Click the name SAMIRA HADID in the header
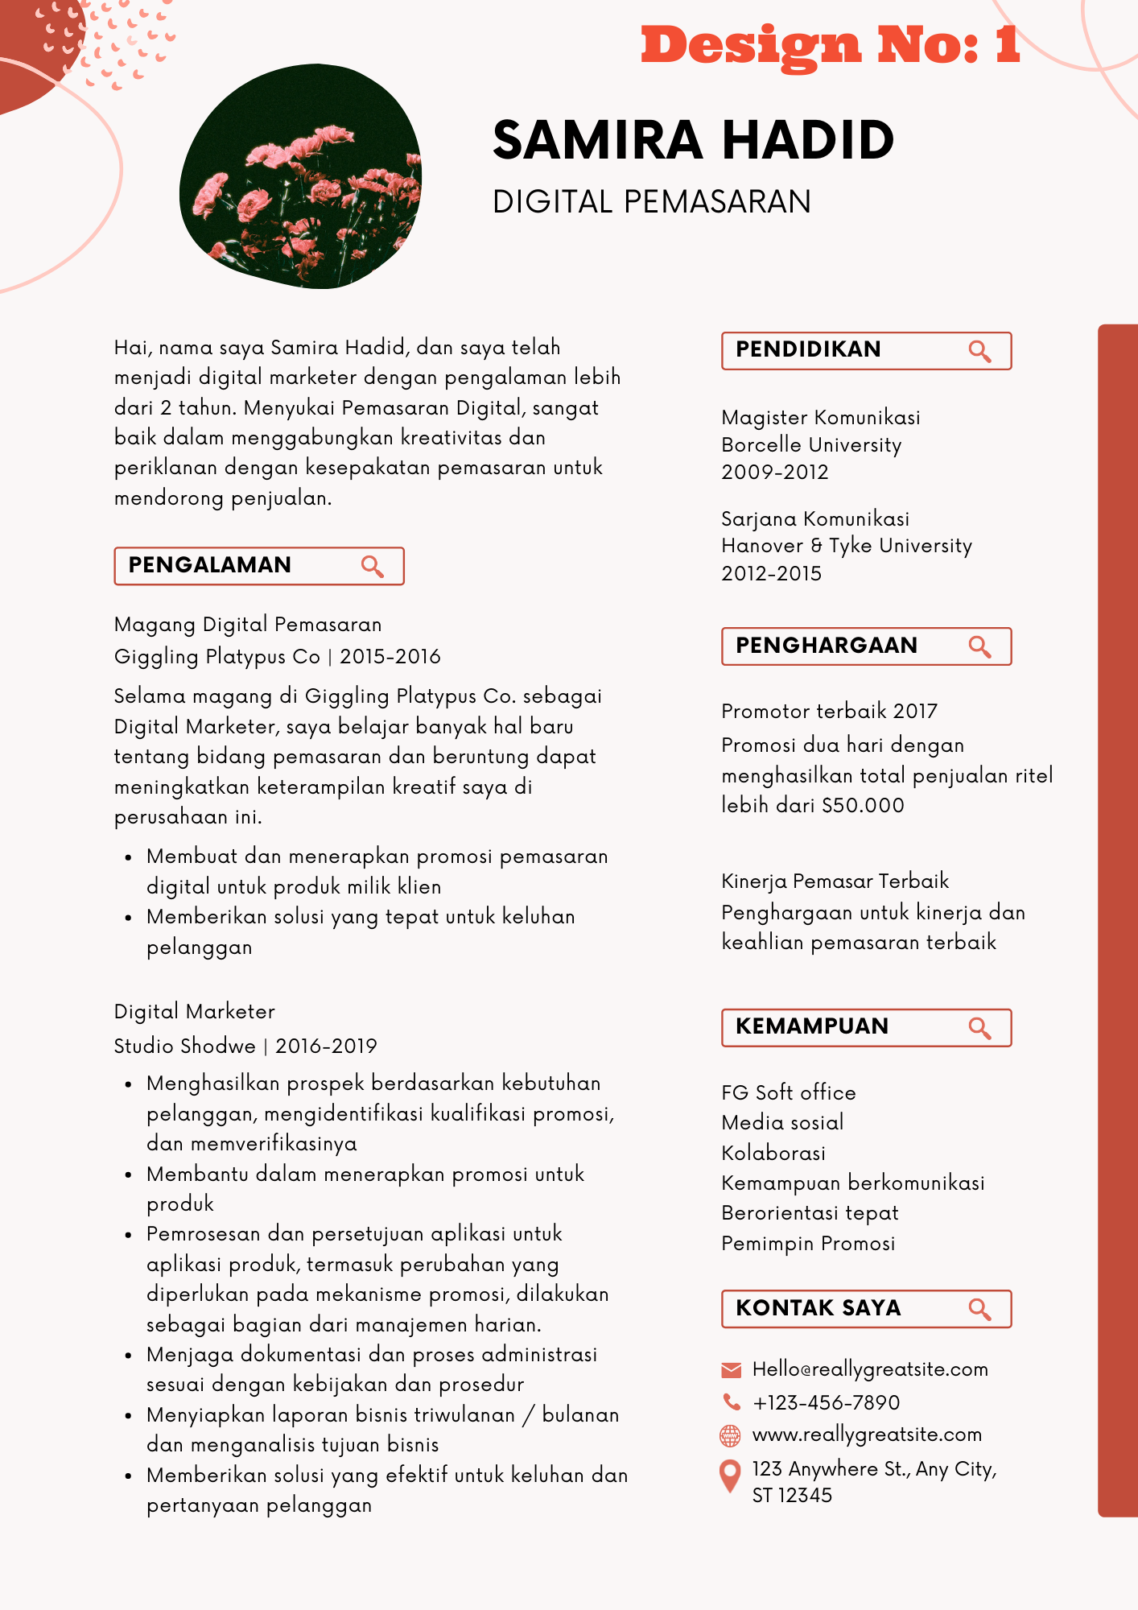(x=693, y=140)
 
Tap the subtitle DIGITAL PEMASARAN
(x=652, y=202)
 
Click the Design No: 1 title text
(x=830, y=45)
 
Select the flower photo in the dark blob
(x=300, y=177)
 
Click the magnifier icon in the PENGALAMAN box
(x=372, y=567)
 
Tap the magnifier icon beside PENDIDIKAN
(x=979, y=351)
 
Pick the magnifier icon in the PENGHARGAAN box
(x=979, y=646)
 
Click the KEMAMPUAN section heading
(x=812, y=1026)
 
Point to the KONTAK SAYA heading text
(x=818, y=1308)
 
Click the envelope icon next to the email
(x=731, y=1370)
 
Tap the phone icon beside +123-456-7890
(x=731, y=1402)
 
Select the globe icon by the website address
(x=730, y=1435)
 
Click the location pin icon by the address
(x=729, y=1476)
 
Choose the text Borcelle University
(x=811, y=445)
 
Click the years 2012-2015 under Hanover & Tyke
(x=771, y=574)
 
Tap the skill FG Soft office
(x=789, y=1093)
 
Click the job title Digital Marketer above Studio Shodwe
(x=195, y=1012)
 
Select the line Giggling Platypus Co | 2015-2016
(x=277, y=657)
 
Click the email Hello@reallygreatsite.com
(x=870, y=1370)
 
